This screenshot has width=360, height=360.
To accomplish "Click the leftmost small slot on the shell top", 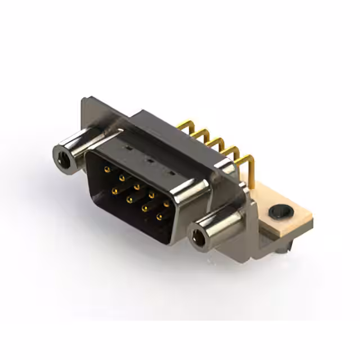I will [129, 148].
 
